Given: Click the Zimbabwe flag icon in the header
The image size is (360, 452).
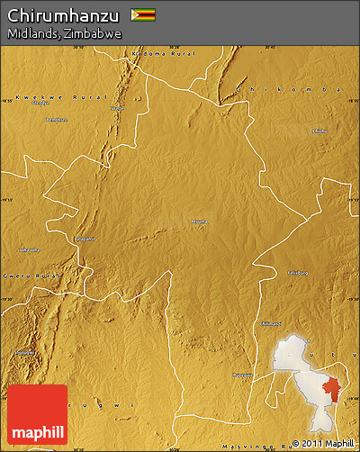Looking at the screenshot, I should pyautogui.click(x=143, y=14).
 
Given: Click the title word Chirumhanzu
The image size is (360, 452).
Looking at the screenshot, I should pyautogui.click(x=63, y=14).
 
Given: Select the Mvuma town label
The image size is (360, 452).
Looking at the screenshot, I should pyautogui.click(x=199, y=219).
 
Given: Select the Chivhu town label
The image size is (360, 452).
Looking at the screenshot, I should pyautogui.click(x=319, y=131).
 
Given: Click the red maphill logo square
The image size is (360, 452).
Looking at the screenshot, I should pyautogui.click(x=38, y=414).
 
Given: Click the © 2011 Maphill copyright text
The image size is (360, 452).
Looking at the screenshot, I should pyautogui.click(x=323, y=443).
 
